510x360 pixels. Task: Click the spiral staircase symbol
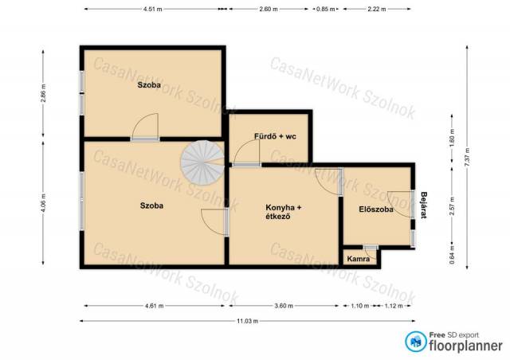(x=202, y=162)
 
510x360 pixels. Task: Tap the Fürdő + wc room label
(x=275, y=136)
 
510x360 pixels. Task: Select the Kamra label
(x=359, y=259)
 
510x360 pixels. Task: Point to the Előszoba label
(x=376, y=209)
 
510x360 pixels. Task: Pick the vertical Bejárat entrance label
(x=423, y=205)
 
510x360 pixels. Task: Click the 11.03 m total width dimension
(x=248, y=321)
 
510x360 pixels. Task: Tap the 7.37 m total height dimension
(x=467, y=158)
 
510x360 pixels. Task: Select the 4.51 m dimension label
(x=152, y=9)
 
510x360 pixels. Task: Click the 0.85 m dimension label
(x=326, y=9)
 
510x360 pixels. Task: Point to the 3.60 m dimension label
(x=284, y=306)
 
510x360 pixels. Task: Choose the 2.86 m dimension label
(x=43, y=93)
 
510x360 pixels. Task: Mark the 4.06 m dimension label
(x=43, y=203)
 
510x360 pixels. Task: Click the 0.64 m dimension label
(x=452, y=254)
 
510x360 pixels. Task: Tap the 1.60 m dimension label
(x=452, y=138)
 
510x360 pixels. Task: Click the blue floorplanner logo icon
(x=416, y=342)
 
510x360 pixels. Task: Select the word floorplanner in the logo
(x=465, y=346)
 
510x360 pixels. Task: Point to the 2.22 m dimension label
(x=377, y=9)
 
